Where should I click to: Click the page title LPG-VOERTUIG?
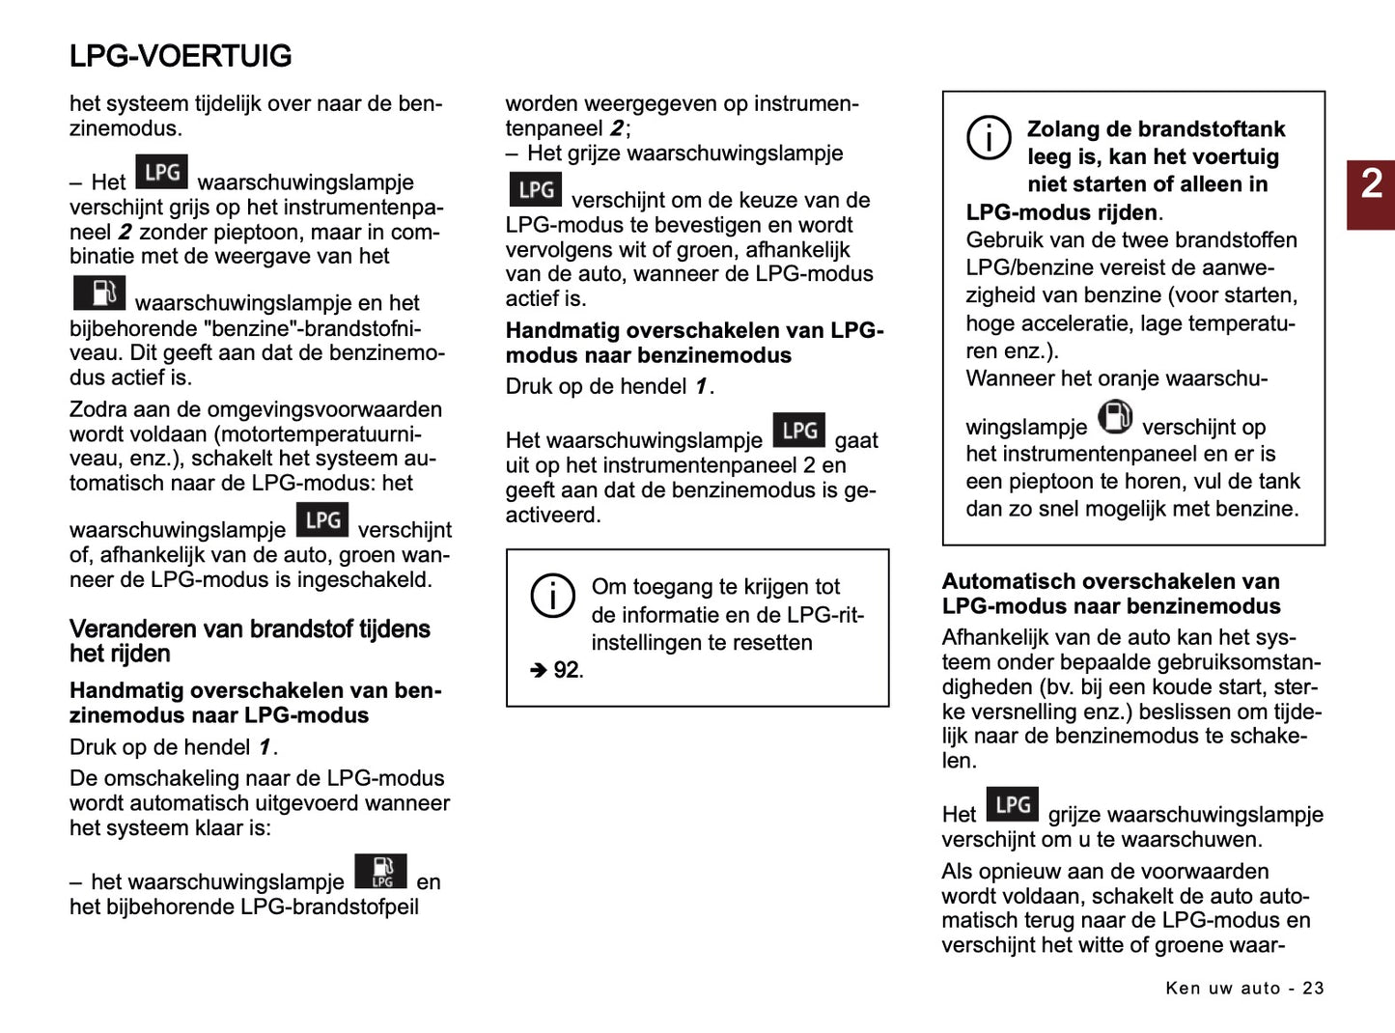point(181,56)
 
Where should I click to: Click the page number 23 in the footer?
point(1313,988)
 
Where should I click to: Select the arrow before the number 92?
point(538,670)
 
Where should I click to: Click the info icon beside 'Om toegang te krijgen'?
point(553,596)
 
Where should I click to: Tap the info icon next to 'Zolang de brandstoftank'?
point(989,137)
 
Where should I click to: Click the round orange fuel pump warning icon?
point(1115,418)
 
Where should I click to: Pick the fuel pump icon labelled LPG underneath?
point(380,871)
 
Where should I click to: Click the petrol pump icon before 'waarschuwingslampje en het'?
point(99,293)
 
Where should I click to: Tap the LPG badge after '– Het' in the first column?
point(161,173)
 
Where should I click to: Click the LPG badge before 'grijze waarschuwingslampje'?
point(1013,804)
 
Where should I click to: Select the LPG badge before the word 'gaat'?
point(798,431)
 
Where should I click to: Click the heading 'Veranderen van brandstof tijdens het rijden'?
point(249,641)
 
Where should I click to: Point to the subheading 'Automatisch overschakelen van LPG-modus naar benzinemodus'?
point(1110,594)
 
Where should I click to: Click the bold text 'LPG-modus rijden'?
point(1061,212)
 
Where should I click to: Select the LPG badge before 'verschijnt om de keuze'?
point(535,189)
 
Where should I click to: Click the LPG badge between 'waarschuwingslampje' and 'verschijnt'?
point(321,520)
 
